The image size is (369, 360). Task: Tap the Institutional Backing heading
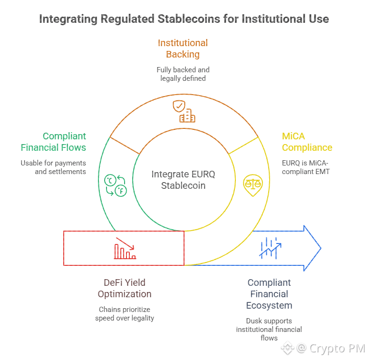183,49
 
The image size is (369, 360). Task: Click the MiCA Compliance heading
307,142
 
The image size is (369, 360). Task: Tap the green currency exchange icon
115,185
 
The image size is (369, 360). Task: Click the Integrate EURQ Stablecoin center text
183,180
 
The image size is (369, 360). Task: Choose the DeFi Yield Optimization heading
125,288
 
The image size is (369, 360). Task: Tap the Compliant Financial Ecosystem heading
269,294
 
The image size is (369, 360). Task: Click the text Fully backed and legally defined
183,74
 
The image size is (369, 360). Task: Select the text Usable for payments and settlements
53,167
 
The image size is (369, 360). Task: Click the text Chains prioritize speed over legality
125,313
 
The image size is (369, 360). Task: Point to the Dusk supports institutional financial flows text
269,329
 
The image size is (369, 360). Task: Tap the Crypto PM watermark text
337,349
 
